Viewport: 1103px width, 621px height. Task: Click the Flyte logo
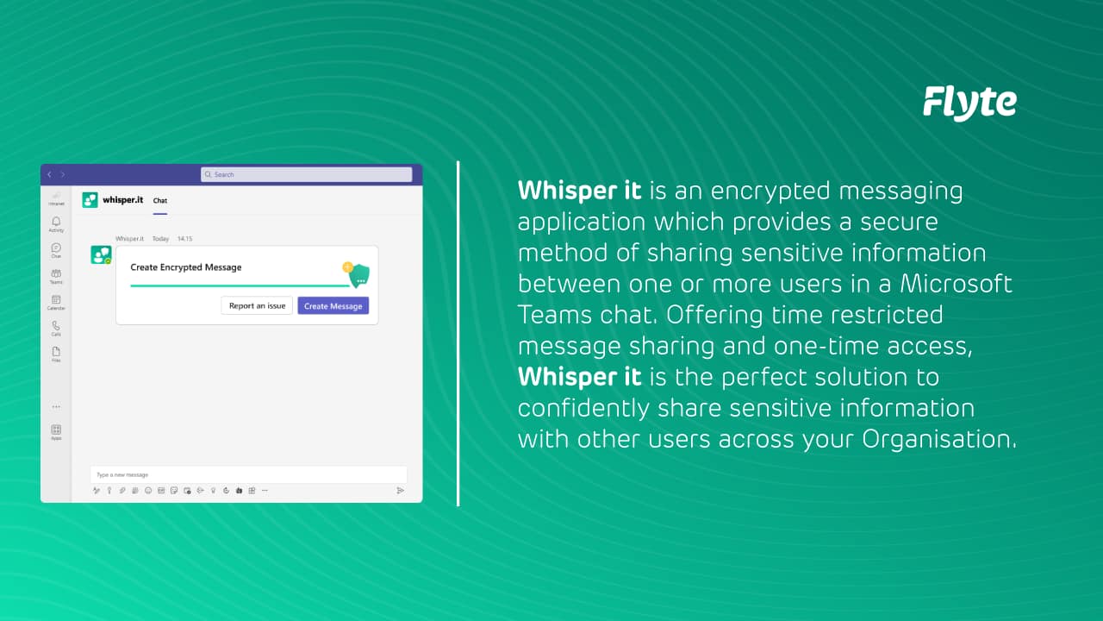pos(969,103)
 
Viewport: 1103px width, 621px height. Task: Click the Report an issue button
pos(257,305)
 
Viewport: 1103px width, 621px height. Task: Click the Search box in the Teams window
pos(306,174)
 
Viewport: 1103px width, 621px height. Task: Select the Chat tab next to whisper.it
pos(160,201)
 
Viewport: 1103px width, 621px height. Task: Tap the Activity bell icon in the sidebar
pos(56,223)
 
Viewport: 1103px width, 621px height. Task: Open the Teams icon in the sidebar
pos(56,275)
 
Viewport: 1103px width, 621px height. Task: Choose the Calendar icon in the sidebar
pos(56,301)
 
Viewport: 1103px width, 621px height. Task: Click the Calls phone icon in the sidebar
pos(56,327)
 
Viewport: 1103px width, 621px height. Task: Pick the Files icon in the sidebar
pos(56,353)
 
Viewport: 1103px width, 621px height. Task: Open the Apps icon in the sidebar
pos(56,430)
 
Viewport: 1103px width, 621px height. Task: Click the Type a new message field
pos(248,474)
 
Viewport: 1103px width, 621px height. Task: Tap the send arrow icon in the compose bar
pos(400,490)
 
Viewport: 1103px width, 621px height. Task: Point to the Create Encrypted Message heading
pos(185,267)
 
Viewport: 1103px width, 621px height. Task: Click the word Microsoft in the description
pos(957,284)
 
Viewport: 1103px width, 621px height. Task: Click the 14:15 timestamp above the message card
pos(184,238)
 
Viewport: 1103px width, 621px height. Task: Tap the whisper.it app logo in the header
pos(90,200)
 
